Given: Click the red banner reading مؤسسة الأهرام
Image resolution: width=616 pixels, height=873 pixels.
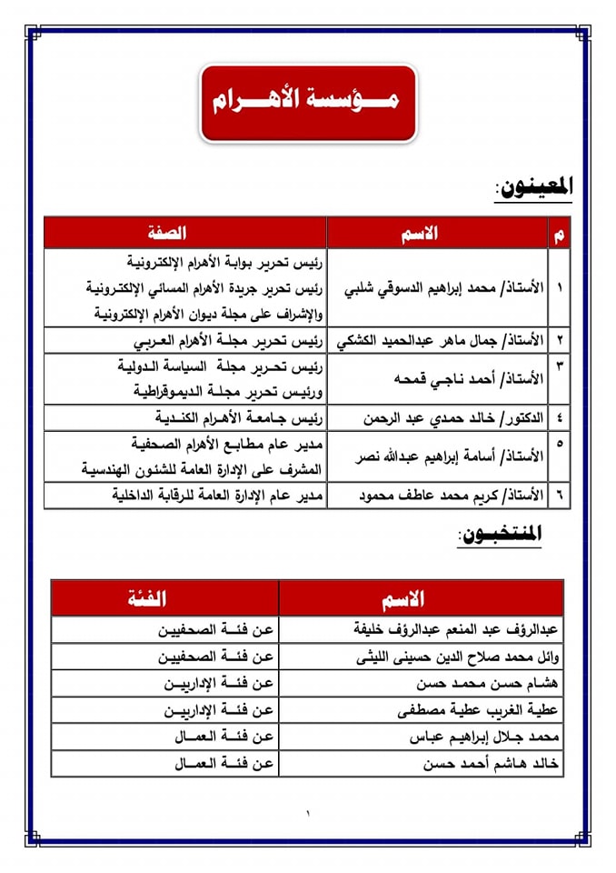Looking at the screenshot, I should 308,102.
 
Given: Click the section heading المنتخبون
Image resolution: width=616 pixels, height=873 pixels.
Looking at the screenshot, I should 500,537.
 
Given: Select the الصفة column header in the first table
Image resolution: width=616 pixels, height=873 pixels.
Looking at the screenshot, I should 185,233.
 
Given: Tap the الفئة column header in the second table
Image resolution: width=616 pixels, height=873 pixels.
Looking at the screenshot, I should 164,598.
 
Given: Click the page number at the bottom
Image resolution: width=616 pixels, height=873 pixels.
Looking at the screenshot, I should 308,812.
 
